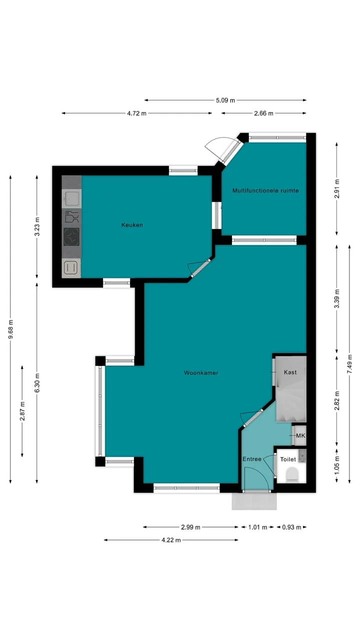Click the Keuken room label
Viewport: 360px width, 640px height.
click(132, 225)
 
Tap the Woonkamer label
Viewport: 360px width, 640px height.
click(201, 372)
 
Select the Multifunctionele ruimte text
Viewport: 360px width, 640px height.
click(265, 190)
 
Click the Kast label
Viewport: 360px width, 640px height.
click(290, 372)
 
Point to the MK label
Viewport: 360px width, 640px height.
click(300, 435)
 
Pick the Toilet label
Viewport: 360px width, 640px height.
click(288, 459)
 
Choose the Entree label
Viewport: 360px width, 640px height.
click(252, 459)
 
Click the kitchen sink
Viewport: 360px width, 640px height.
click(71, 198)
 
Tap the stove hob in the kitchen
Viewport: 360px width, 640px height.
click(71, 237)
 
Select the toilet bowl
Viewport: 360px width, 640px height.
click(292, 473)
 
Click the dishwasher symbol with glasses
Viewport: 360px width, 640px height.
click(71, 216)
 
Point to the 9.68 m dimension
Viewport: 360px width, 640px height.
click(10, 329)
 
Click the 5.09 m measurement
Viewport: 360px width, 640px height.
click(225, 100)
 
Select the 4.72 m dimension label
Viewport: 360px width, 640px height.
click(137, 113)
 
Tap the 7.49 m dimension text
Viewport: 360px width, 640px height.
click(349, 363)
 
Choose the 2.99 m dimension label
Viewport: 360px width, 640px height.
click(190, 527)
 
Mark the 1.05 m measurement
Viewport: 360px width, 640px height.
click(337, 465)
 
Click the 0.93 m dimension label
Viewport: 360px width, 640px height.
click(291, 527)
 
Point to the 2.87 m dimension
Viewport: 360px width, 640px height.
click(22, 411)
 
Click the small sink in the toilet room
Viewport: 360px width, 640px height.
click(302, 455)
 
